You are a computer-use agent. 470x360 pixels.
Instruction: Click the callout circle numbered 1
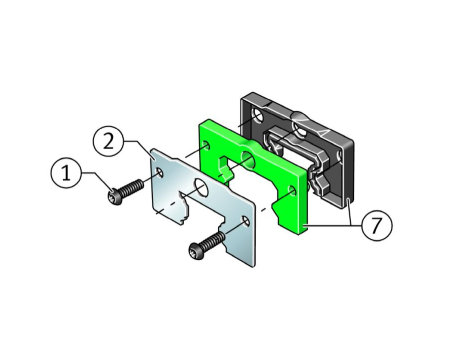66,173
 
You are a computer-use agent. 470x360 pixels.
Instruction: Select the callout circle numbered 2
108,142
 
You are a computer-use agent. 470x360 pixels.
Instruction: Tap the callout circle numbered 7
376,225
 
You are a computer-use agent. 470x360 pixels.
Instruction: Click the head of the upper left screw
114,196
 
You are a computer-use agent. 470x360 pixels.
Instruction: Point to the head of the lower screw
196,250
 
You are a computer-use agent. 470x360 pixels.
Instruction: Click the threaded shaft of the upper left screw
133,187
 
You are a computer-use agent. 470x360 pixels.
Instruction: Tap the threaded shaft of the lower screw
214,240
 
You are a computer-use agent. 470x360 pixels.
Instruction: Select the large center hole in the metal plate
201,187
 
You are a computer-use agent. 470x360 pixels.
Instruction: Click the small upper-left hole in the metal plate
160,172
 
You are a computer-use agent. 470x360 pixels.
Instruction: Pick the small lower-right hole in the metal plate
246,221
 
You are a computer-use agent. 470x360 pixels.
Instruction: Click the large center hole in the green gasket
248,159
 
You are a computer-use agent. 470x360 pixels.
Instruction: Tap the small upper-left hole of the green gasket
206,145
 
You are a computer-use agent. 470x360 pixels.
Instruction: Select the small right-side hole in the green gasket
292,191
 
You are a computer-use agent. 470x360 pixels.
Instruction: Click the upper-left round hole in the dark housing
259,117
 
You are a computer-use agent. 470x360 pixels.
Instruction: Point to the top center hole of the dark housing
299,129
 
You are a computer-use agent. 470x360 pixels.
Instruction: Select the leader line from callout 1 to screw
97,180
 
